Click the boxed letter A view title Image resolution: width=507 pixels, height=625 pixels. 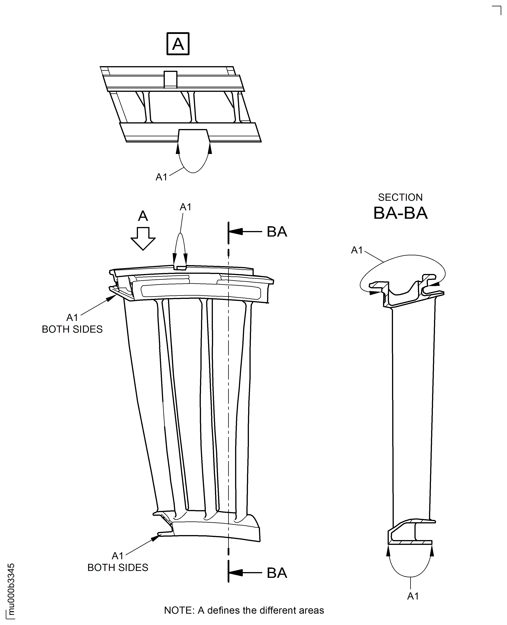(x=178, y=44)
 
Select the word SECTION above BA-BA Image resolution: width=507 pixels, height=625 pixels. (x=400, y=197)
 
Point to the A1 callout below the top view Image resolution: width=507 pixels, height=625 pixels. (x=161, y=177)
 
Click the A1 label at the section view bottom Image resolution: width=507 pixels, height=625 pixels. (x=413, y=596)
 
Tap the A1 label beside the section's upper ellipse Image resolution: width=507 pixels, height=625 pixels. (x=357, y=250)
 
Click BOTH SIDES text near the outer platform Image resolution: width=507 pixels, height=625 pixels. (x=72, y=329)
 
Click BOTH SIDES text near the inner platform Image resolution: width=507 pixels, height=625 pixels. (x=118, y=567)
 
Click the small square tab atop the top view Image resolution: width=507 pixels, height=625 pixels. (x=170, y=79)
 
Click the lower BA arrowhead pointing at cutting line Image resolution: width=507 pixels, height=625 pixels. (x=236, y=573)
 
